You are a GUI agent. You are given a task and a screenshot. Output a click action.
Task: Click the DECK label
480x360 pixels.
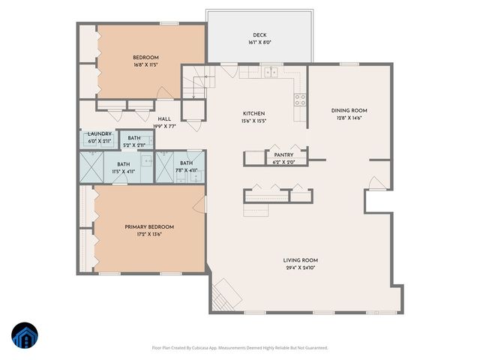point(260,34)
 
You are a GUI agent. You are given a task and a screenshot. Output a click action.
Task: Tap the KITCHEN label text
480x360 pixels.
point(254,112)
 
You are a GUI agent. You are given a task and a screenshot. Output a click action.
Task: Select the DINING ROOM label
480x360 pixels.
point(349,110)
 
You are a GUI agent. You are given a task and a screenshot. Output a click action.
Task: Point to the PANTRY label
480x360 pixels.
point(283,155)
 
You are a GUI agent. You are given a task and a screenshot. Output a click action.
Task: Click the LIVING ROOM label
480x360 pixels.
point(301,260)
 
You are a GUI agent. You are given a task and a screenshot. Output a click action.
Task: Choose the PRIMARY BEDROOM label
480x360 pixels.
point(149,226)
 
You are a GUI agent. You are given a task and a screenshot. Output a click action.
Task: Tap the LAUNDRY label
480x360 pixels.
point(100,133)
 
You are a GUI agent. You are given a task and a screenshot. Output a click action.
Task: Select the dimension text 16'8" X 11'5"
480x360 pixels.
point(145,65)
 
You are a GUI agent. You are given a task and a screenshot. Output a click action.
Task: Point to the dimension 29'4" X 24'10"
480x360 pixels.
point(301,268)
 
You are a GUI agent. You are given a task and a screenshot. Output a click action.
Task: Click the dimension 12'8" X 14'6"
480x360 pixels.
point(349,118)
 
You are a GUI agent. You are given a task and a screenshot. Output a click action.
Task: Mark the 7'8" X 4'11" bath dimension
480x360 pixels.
point(186,170)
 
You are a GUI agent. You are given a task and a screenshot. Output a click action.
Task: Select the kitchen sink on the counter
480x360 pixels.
point(269,73)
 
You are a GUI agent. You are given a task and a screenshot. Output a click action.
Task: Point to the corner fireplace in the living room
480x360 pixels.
point(224,293)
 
